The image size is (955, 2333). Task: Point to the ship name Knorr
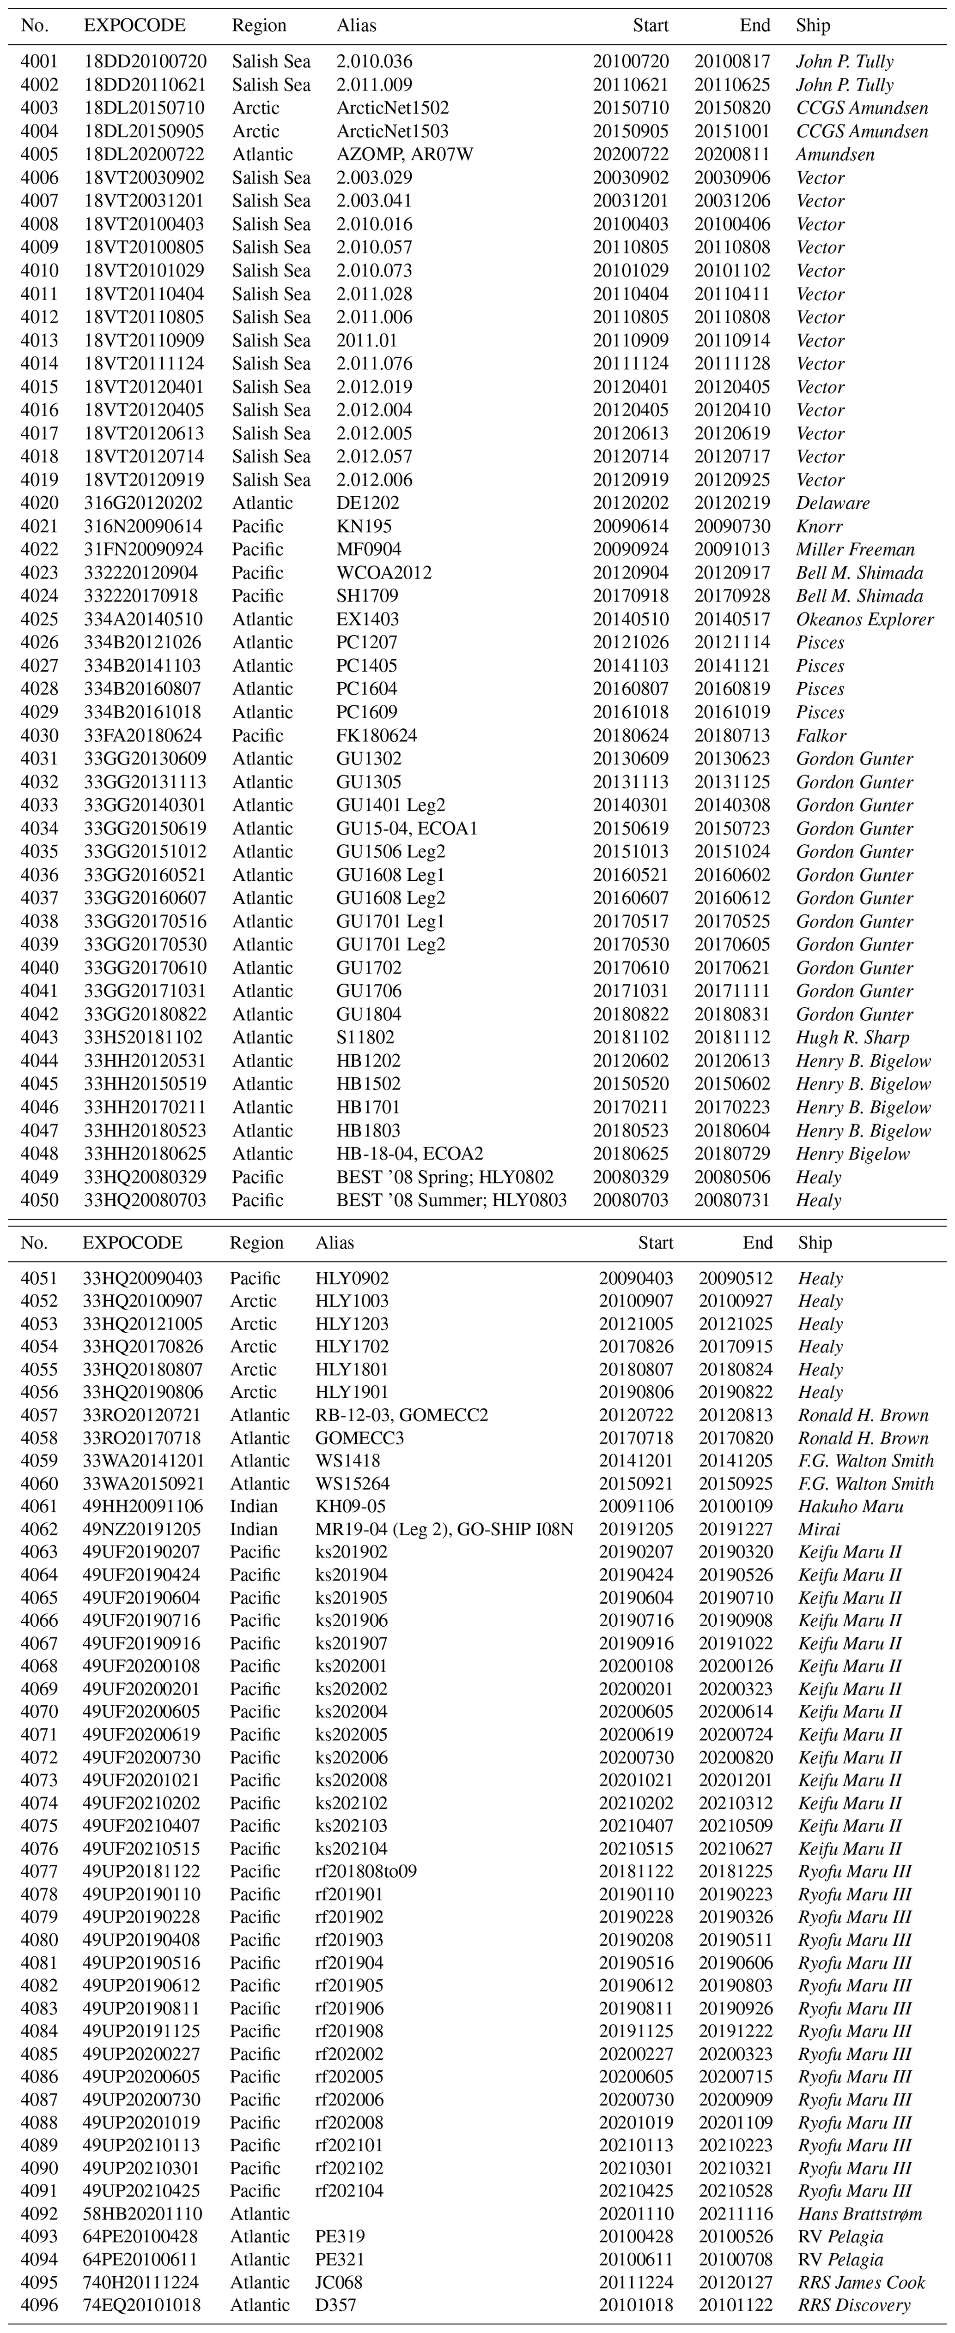pyautogui.click(x=819, y=526)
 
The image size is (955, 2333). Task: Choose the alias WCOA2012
pyautogui.click(x=383, y=572)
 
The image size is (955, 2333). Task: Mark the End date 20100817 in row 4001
pyautogui.click(x=732, y=61)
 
